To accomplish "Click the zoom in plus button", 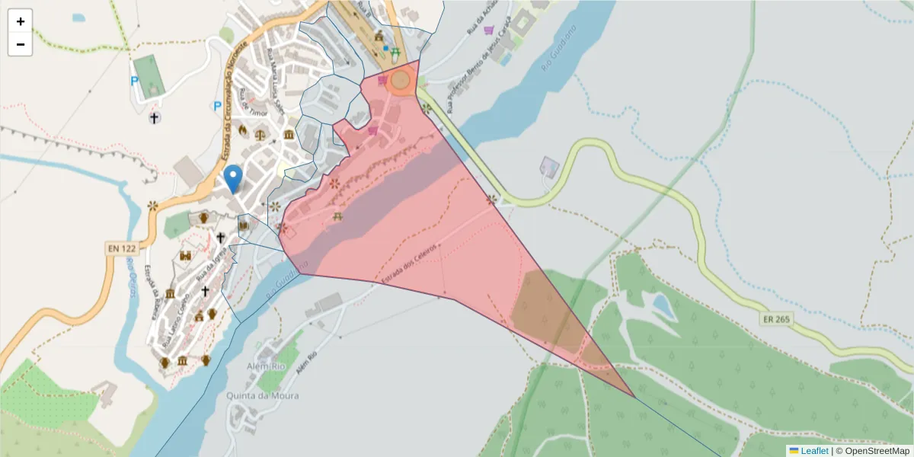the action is coord(21,21).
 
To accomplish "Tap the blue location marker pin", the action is coord(234,178).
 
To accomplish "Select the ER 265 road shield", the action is coord(776,319).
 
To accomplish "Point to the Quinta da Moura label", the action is coord(263,396).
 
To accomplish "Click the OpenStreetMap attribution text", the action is coord(874,451).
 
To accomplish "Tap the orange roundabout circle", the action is coord(401,79).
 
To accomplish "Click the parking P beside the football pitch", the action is coord(135,81).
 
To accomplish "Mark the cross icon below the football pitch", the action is coord(155,117).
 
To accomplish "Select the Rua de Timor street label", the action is coord(251,106).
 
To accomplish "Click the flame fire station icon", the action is coord(244,130).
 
